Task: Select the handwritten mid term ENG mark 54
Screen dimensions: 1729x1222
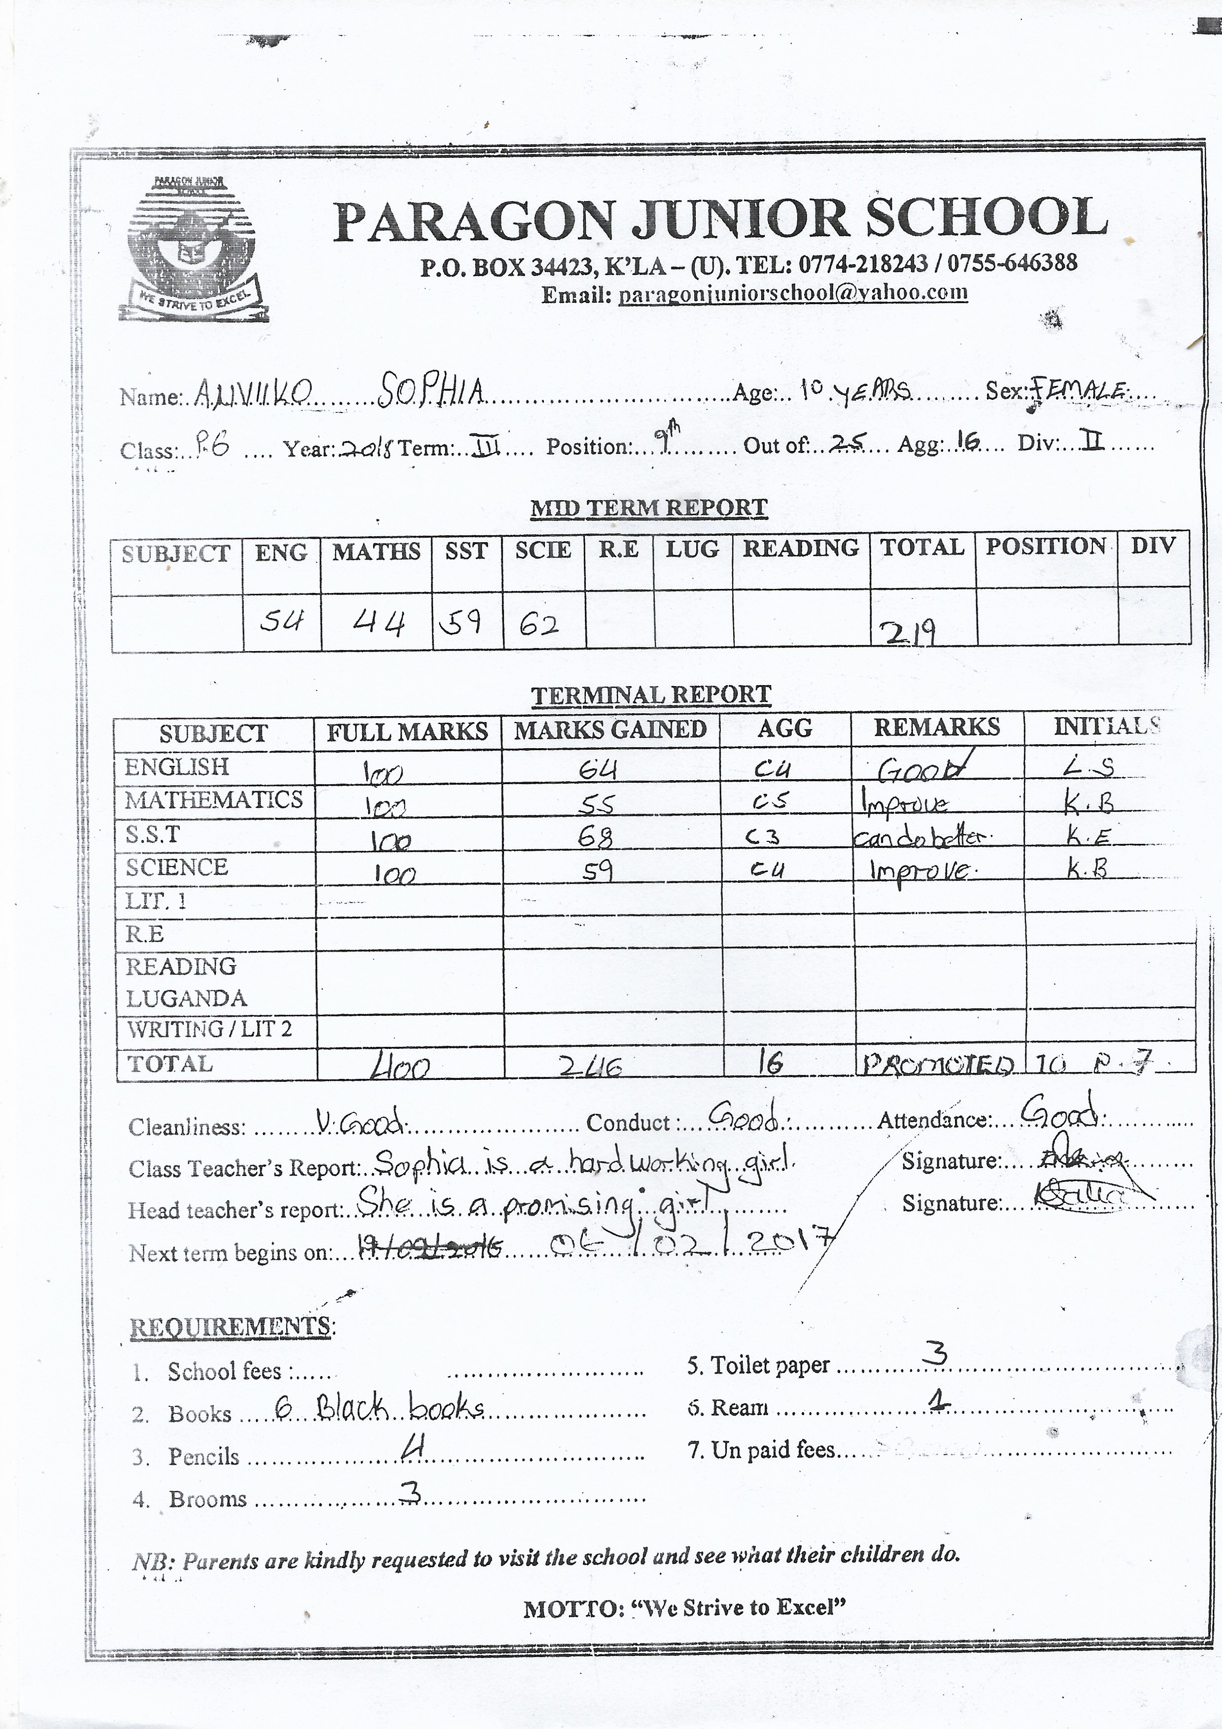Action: [281, 621]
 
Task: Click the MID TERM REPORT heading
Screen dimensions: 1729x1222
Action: [649, 508]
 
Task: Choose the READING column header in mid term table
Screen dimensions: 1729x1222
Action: [800, 548]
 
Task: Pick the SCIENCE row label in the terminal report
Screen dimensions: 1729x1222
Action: [177, 867]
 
